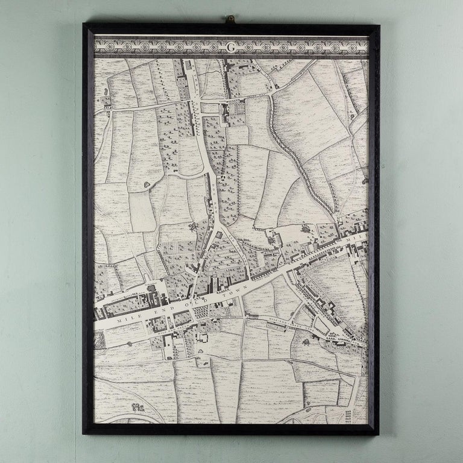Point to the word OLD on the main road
(195, 300)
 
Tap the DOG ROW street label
(213, 193)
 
